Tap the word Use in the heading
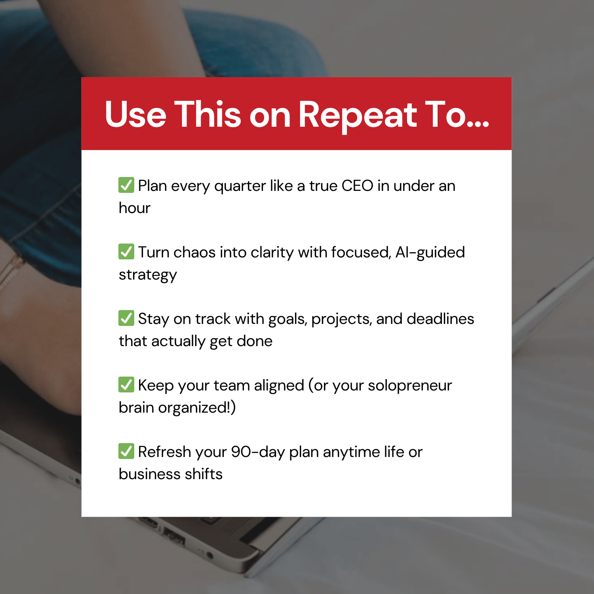click(x=135, y=115)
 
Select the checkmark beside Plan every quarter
click(x=126, y=185)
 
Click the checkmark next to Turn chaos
click(x=126, y=251)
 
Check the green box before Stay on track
click(x=126, y=318)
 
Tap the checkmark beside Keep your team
click(x=126, y=385)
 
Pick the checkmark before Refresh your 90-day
click(x=126, y=451)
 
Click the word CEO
click(x=357, y=186)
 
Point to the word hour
click(x=135, y=208)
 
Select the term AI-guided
click(x=430, y=252)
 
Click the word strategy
click(x=148, y=275)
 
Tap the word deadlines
click(x=440, y=319)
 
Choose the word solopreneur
click(x=409, y=385)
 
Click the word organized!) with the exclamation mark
click(x=197, y=407)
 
